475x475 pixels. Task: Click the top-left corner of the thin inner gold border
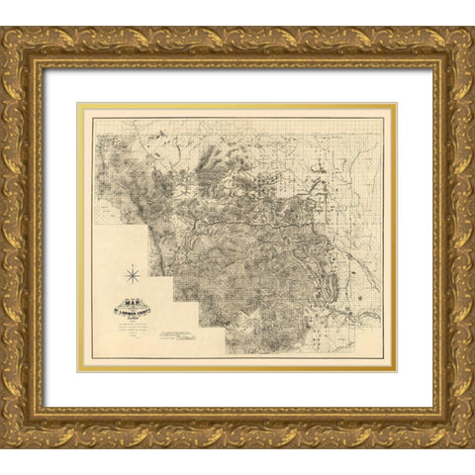pyautogui.click(x=79, y=104)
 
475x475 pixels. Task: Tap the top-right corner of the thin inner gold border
pyautogui.click(x=396, y=104)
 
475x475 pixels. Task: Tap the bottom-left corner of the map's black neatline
pyautogui.click(x=93, y=358)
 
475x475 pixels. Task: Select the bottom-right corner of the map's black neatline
pyautogui.click(x=383, y=358)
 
